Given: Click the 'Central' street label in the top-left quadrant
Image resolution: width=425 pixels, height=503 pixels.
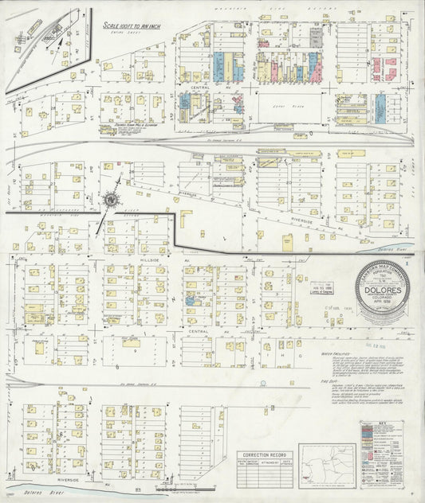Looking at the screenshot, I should point(200,86).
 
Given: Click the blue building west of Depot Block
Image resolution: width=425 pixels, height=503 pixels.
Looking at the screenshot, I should point(186,102).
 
